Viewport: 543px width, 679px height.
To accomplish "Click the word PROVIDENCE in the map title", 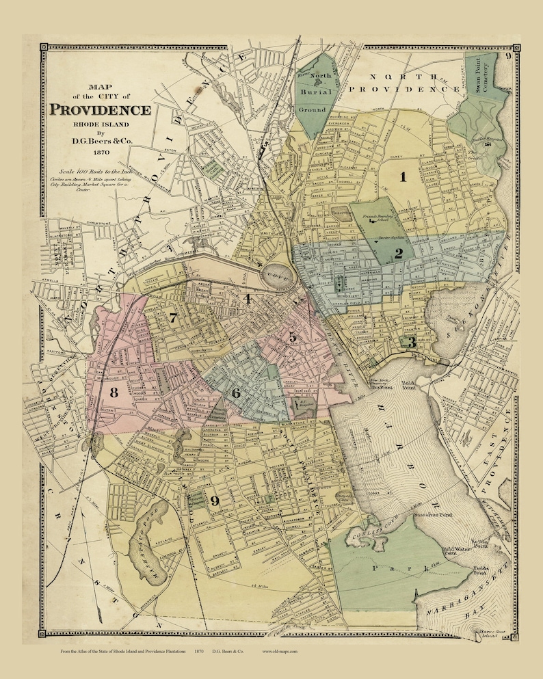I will point(100,110).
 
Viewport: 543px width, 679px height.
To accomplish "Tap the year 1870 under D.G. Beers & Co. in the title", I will point(99,153).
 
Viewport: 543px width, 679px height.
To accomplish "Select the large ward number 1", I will point(403,178).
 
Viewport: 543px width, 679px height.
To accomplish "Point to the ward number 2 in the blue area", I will point(398,254).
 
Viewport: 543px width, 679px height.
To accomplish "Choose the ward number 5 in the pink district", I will point(292,337).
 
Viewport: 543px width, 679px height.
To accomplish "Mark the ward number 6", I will point(236,393).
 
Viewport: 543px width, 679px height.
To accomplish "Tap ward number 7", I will point(174,317).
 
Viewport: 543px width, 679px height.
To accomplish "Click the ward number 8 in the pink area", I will point(114,392).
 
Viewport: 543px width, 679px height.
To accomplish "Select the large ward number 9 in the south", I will point(215,501).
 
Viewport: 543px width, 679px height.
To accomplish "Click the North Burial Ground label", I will point(317,90).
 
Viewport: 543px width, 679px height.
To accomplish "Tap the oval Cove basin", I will point(280,277).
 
